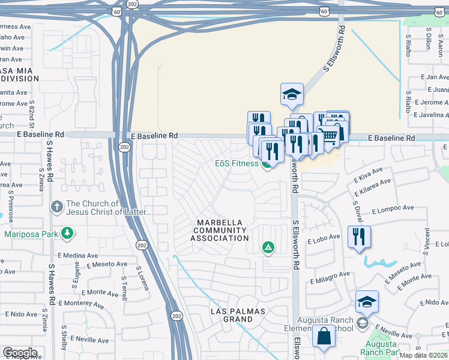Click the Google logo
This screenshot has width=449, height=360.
(x=19, y=353)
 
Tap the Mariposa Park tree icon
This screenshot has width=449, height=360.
(x=68, y=233)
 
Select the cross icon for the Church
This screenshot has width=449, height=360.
(x=57, y=207)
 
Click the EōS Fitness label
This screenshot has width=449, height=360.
(x=237, y=163)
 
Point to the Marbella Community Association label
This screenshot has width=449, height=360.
(x=220, y=230)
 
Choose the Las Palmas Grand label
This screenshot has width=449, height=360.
(x=231, y=315)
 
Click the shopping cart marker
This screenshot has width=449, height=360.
(x=328, y=137)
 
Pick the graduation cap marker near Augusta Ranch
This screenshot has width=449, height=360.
(x=367, y=301)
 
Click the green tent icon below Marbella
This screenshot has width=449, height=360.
(x=268, y=247)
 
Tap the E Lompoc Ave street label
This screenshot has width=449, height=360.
(x=393, y=209)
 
